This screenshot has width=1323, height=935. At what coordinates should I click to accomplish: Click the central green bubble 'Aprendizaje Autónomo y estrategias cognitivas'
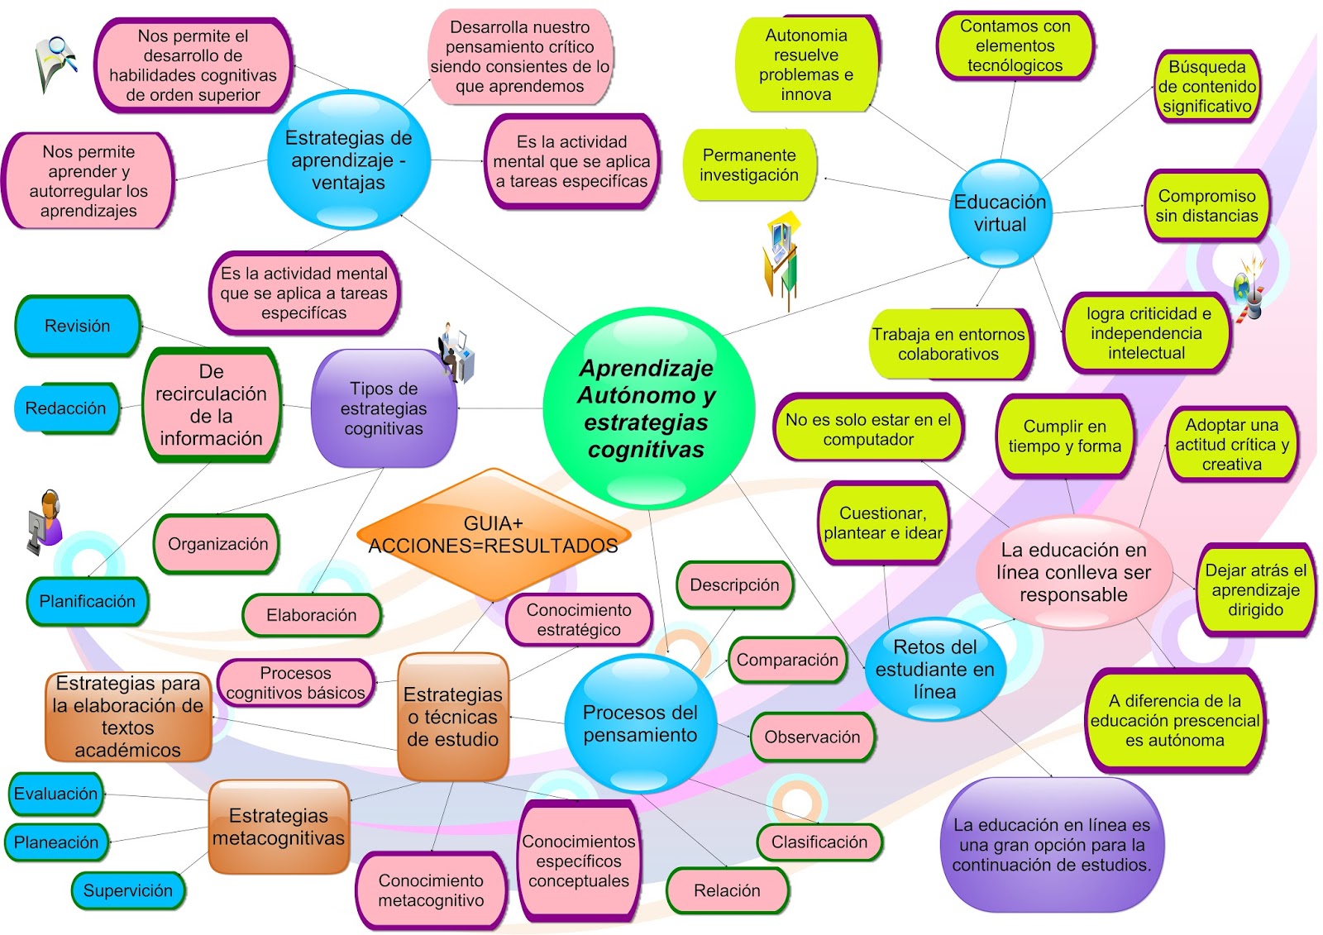pos(647,408)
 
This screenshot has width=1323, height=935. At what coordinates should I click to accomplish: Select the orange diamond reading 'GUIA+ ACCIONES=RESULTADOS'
pos(494,535)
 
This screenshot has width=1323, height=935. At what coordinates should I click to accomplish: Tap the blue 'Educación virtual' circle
pos(1000,213)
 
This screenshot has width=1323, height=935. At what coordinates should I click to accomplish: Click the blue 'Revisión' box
pos(77,326)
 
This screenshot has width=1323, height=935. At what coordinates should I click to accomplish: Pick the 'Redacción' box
pos(66,408)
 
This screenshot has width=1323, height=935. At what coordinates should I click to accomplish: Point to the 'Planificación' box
pos(87,601)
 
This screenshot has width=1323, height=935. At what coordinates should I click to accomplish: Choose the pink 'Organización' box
pos(217,543)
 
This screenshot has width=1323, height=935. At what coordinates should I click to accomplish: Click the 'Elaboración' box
pos(311,615)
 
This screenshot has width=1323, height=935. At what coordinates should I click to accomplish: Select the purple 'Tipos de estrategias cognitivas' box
pos(384,408)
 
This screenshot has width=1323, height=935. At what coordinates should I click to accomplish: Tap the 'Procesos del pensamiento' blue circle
pos(640,723)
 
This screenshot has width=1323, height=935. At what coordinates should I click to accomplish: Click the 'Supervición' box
pos(127,890)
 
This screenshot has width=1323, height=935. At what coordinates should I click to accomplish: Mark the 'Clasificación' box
pos(819,842)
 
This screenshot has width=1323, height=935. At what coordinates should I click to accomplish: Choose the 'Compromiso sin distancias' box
pos(1206,206)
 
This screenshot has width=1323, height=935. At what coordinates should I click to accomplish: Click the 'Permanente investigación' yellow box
pos(749,165)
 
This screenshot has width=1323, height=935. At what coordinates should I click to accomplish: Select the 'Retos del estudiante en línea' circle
pos(934,669)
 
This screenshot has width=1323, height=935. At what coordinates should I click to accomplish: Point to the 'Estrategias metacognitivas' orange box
pos(279,827)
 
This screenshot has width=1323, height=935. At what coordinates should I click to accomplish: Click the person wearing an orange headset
pos(46,520)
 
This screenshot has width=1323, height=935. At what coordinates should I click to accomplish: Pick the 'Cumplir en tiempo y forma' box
pos(1064,436)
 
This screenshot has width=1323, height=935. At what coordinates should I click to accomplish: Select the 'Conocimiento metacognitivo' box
pos(431,890)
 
